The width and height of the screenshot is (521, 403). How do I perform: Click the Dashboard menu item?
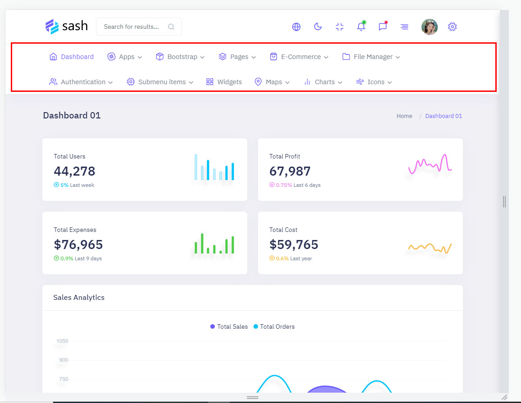(72, 57)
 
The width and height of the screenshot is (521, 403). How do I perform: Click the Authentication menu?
(81, 82)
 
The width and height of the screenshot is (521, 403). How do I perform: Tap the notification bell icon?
(361, 27)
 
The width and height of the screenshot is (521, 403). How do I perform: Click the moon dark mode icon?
(318, 27)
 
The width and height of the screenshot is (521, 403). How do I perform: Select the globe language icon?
(296, 27)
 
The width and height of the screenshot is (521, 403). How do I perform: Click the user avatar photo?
(429, 27)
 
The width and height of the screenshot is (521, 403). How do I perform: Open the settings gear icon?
(453, 27)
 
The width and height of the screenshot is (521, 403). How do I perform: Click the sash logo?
(67, 27)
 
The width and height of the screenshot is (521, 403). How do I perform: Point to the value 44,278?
(75, 171)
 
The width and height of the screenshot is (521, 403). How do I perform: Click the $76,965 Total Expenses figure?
(78, 245)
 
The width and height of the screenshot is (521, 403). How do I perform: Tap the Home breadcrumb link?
(404, 116)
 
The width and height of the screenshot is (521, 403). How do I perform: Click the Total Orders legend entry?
(274, 326)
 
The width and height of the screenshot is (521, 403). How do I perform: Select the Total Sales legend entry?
(229, 326)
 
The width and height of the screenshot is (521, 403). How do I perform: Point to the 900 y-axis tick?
(63, 360)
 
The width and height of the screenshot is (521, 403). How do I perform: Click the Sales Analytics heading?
(79, 298)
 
